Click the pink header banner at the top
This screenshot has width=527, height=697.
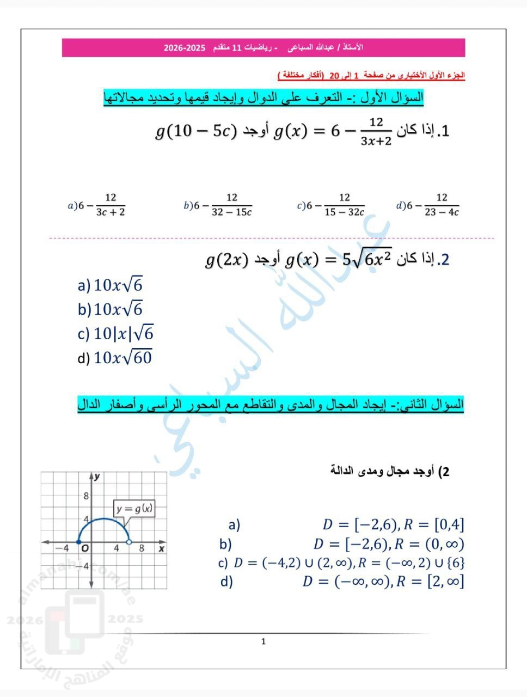pyautogui.click(x=263, y=48)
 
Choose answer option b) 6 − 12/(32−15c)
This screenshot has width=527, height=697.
pyautogui.click(x=218, y=205)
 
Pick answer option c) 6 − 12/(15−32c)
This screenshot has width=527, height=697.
pyautogui.click(x=331, y=205)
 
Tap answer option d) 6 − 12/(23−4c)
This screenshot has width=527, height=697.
pyautogui.click(x=428, y=205)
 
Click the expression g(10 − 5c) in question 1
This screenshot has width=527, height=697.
pyautogui.click(x=195, y=131)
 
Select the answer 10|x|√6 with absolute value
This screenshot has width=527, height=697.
pyautogui.click(x=116, y=333)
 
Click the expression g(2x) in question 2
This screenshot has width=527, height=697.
pyautogui.click(x=226, y=260)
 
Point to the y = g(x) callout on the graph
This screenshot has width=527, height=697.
pyautogui.click(x=134, y=509)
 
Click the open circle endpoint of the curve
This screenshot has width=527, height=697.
pyautogui.click(x=129, y=542)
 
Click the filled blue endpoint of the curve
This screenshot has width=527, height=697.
pyautogui.click(x=79, y=542)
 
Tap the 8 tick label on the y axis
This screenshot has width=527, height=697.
pyautogui.click(x=85, y=496)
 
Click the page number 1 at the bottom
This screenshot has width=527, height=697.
pyautogui.click(x=263, y=641)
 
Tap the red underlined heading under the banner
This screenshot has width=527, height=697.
pyautogui.click(x=371, y=75)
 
